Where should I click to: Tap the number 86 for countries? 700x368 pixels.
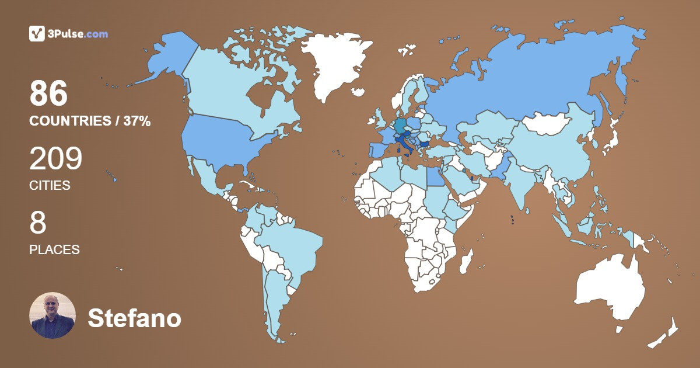[x=49, y=93]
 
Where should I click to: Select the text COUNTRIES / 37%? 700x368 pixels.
[x=90, y=121]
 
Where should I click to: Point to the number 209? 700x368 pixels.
[x=56, y=158]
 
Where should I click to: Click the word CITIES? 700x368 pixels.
[x=50, y=186]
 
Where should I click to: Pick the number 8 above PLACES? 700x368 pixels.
[x=38, y=223]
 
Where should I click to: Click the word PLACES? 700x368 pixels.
[x=54, y=249]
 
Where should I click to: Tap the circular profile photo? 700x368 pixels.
[x=52, y=315]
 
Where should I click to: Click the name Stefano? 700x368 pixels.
[x=134, y=318]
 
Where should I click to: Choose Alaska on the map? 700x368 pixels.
[x=169, y=58]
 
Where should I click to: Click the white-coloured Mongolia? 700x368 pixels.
[x=545, y=123]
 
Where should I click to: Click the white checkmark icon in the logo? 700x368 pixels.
[x=37, y=34]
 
